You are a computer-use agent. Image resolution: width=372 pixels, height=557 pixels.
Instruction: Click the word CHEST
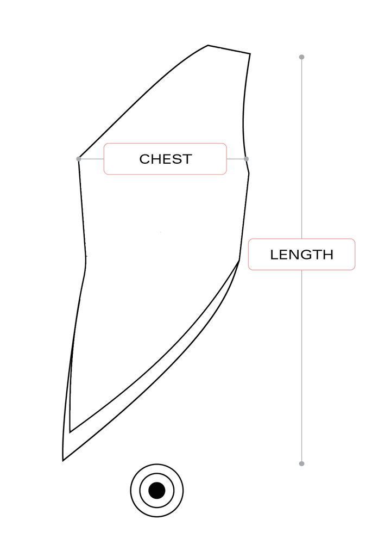pyautogui.click(x=165, y=159)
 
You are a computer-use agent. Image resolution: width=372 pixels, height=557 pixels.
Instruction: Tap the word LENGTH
pyautogui.click(x=301, y=255)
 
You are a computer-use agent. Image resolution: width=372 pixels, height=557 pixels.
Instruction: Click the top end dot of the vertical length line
pyautogui.click(x=302, y=57)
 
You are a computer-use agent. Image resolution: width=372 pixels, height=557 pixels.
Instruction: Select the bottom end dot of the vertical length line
pyautogui.click(x=302, y=463)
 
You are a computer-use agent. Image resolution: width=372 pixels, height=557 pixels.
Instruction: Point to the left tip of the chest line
pyautogui.click(x=78, y=159)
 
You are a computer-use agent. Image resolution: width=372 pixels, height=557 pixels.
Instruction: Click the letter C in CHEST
pyautogui.click(x=145, y=159)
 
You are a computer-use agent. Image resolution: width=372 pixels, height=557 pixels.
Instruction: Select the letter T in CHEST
pyautogui.click(x=186, y=159)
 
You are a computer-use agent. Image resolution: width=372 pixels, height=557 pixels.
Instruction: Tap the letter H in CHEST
pyautogui.click(x=156, y=159)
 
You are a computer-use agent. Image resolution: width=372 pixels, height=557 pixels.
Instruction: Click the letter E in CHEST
pyautogui.click(x=166, y=159)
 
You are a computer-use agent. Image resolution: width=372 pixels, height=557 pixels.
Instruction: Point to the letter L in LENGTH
pyautogui.click(x=274, y=255)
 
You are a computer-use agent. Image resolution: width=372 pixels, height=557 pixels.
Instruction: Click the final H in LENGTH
pyautogui.click(x=328, y=255)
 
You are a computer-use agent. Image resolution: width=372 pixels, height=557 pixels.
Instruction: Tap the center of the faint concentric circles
pyautogui.click(x=156, y=490)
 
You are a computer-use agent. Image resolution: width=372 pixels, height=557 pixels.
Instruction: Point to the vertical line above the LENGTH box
pyautogui.click(x=302, y=147)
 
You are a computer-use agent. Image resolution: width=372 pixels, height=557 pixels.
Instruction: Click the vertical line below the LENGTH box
pyautogui.click(x=302, y=364)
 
